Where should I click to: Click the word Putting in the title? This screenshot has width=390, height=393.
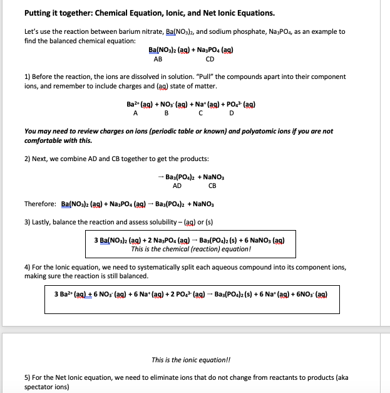[39, 13]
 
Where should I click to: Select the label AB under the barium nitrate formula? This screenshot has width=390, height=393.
[158, 60]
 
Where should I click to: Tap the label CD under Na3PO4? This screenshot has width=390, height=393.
[210, 60]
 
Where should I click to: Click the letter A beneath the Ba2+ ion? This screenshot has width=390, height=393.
[135, 113]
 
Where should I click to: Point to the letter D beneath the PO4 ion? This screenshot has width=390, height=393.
[232, 113]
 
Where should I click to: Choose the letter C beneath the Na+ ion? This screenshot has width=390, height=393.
[200, 113]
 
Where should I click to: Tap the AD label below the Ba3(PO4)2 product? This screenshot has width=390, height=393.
[177, 186]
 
